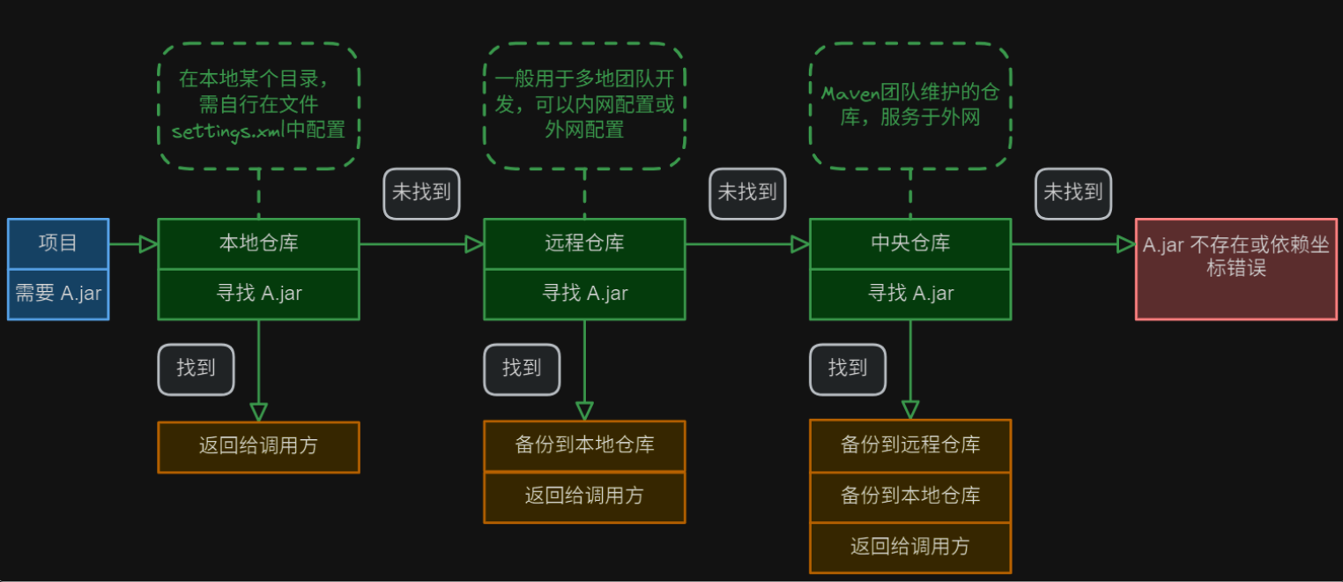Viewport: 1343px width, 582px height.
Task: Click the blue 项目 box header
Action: pos(58,243)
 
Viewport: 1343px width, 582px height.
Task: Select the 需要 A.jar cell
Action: pos(58,294)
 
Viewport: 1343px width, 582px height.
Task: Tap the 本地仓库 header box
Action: pos(258,243)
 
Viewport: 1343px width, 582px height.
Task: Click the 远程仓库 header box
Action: pos(584,243)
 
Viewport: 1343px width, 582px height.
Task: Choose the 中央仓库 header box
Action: pos(909,243)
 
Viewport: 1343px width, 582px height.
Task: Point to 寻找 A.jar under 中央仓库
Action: pos(909,294)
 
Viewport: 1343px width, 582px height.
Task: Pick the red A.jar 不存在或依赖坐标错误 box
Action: pos(1237,268)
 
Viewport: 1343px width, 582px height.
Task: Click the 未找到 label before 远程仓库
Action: pos(421,193)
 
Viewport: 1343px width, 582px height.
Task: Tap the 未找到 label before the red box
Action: pos(1072,193)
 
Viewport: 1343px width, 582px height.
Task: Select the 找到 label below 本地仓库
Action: pos(196,369)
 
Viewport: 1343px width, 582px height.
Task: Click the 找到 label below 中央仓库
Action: pos(848,369)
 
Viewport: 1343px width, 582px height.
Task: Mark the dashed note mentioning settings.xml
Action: pos(258,105)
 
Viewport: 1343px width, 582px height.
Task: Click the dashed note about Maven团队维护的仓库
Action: pos(909,105)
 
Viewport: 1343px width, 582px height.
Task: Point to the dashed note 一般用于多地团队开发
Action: pos(584,105)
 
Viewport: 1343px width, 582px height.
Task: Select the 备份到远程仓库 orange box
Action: pos(909,444)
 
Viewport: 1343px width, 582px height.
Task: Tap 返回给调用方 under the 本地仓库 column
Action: pos(258,446)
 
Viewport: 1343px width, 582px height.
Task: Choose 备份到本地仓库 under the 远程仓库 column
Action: pos(584,444)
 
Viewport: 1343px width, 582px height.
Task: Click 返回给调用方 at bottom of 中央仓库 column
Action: pos(909,547)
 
